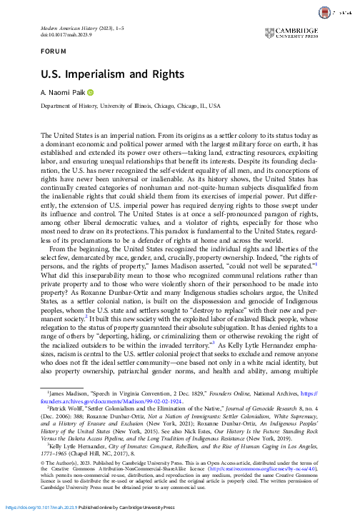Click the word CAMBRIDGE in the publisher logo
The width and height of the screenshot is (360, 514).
point(300,30)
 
